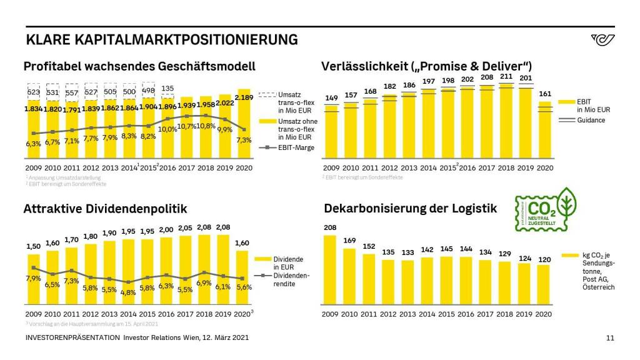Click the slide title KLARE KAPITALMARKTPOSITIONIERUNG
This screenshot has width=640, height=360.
162,40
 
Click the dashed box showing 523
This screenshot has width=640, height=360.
33,92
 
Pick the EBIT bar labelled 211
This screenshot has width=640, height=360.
506,119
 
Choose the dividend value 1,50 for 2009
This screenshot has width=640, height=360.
33,247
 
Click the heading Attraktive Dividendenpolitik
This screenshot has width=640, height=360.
105,208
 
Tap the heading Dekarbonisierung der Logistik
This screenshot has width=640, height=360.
409,208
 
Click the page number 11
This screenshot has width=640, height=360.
611,338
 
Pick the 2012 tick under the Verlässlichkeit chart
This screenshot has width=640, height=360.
390,168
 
